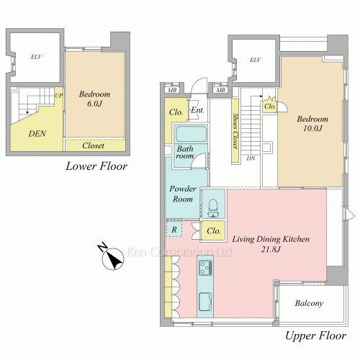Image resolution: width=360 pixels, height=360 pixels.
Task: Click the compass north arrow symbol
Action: point(113,258)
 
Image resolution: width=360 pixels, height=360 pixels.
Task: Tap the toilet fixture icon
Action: point(213,208)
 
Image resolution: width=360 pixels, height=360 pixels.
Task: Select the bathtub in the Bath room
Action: point(191,134)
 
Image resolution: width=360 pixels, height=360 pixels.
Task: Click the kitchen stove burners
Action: point(205,268)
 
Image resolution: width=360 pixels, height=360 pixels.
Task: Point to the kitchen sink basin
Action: point(205,302)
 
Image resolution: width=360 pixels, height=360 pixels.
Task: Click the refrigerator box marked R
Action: point(174,230)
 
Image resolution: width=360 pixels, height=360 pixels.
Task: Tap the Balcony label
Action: point(309,303)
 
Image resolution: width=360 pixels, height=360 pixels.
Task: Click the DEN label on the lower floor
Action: point(37,134)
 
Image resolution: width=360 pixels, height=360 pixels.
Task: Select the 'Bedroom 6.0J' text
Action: point(94,99)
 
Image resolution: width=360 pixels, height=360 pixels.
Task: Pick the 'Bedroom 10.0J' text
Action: point(312,123)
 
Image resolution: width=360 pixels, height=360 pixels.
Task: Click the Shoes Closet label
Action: point(235,131)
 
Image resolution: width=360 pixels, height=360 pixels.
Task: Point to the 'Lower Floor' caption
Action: point(96,166)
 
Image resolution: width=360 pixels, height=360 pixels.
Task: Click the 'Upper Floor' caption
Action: point(315,336)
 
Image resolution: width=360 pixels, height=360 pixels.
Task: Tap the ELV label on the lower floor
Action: point(36,57)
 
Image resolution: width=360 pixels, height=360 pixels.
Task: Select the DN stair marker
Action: point(251,158)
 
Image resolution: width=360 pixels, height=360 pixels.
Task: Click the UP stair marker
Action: point(59,96)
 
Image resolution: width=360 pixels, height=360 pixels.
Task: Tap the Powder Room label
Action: point(183,194)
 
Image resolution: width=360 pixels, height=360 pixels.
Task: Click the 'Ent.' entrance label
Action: point(197,110)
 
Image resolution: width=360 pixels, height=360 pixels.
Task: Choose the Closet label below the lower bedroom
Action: point(93,145)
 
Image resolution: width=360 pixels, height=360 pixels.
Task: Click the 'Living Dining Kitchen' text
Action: point(271,239)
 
